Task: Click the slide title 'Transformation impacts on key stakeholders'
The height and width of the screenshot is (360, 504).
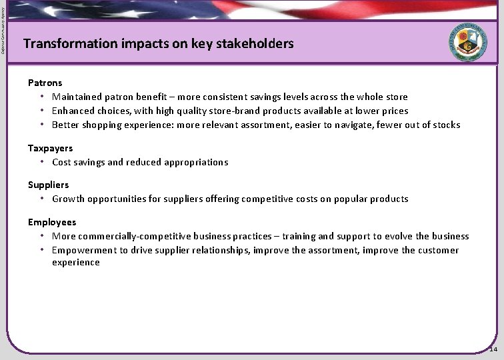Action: click(158, 44)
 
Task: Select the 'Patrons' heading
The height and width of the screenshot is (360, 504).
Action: click(45, 83)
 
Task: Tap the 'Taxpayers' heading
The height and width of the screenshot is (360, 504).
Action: click(50, 148)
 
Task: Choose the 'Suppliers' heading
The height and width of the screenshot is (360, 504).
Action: click(48, 185)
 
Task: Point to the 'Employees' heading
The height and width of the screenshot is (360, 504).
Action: click(52, 222)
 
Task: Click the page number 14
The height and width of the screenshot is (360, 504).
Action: click(493, 349)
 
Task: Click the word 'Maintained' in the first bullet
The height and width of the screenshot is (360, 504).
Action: click(77, 97)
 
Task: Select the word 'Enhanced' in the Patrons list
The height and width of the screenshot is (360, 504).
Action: click(73, 111)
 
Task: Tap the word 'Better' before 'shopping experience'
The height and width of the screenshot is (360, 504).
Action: click(65, 125)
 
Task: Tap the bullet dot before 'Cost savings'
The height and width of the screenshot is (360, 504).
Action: click(42, 162)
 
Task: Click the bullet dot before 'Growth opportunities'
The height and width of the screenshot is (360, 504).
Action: click(42, 199)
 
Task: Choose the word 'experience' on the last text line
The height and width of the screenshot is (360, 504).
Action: click(76, 263)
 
